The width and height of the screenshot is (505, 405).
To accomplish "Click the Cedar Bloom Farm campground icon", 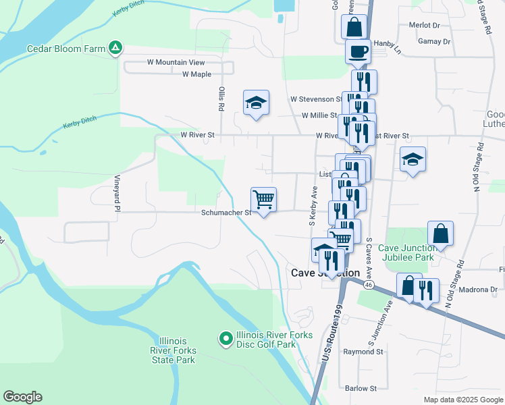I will click(116, 48).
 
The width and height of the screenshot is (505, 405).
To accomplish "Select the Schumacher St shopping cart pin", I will click(263, 199).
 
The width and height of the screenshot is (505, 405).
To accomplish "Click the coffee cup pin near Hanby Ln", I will click(357, 51).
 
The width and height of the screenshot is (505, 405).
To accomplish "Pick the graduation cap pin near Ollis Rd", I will click(257, 103).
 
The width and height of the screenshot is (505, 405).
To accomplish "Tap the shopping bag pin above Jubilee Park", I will click(440, 234).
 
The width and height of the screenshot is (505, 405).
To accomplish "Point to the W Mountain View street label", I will click(176, 62).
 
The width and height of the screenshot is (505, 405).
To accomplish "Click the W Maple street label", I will click(196, 74).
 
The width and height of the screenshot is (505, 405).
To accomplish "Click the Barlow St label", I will click(361, 388).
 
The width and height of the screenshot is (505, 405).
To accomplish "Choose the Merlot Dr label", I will click(424, 26).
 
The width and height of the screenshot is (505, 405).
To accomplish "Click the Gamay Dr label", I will click(433, 42).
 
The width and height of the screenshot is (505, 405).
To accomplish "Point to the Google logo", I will click(22, 397).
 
